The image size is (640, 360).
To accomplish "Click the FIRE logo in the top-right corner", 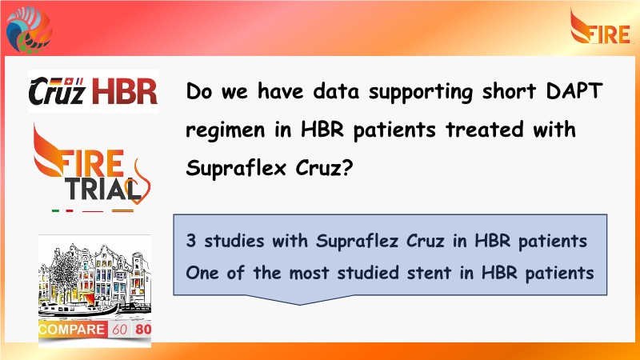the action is click(x=602, y=27).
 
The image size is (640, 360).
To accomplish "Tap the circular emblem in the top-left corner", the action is click(x=29, y=30).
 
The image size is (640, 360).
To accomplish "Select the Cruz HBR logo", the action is click(x=94, y=91).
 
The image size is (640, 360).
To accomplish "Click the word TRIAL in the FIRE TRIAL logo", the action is click(x=102, y=190).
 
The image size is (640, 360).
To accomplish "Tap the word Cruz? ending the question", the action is click(x=324, y=167).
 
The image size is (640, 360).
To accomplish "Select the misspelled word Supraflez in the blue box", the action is click(x=357, y=241).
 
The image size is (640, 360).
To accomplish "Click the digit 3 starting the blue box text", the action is click(x=190, y=241).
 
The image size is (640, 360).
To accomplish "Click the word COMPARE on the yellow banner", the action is click(x=72, y=330).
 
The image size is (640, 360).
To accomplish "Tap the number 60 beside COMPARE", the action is click(x=119, y=330).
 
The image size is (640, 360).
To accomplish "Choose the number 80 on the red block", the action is click(x=143, y=329).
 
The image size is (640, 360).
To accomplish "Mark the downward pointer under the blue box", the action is click(x=300, y=300).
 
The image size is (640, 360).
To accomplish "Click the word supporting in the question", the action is click(x=421, y=92).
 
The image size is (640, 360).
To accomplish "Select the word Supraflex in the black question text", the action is click(x=235, y=167).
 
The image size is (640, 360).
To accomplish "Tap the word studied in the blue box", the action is click(x=368, y=273).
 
